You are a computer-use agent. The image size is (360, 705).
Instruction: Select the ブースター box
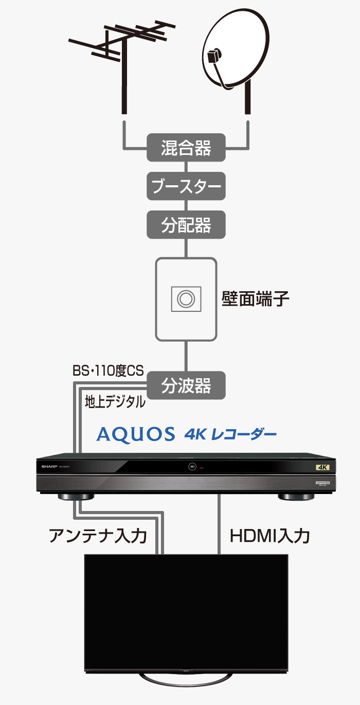click(x=186, y=186)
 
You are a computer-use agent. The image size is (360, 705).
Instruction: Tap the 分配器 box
click(x=186, y=225)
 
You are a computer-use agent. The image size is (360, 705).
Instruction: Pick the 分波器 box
click(x=186, y=385)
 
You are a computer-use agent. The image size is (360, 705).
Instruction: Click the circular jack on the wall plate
click(x=186, y=298)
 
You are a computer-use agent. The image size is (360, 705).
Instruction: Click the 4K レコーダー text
click(x=230, y=434)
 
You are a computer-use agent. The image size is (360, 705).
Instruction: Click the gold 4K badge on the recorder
click(x=322, y=467)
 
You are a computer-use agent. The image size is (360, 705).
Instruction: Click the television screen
click(x=186, y=610)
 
